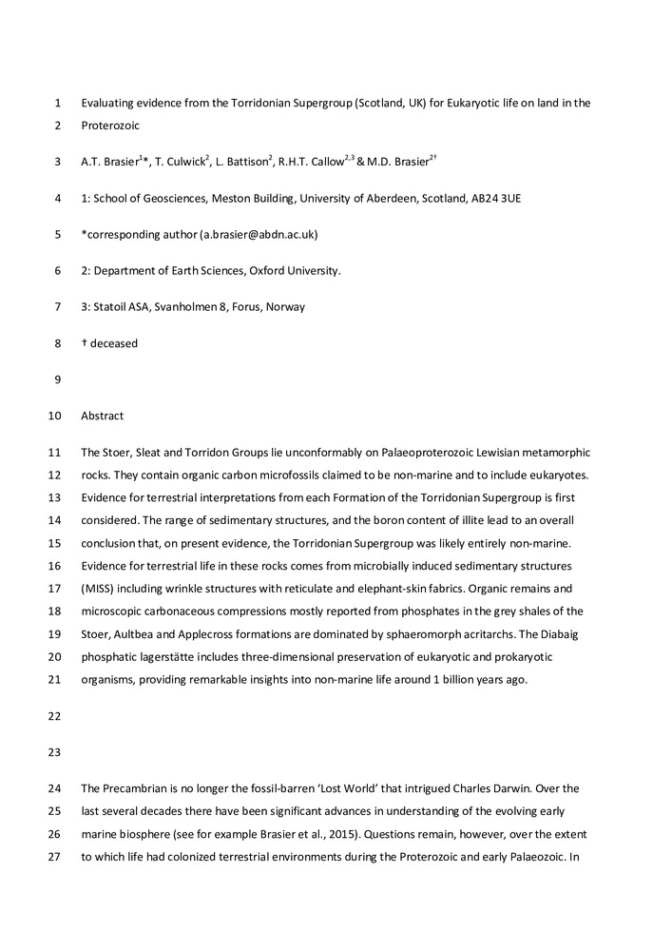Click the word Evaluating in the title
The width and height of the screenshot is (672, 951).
pyautogui.click(x=107, y=103)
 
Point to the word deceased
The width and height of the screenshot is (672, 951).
pyautogui.click(x=114, y=343)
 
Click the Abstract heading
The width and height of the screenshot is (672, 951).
pyautogui.click(x=103, y=416)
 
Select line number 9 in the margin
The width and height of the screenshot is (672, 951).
pyautogui.click(x=58, y=379)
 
